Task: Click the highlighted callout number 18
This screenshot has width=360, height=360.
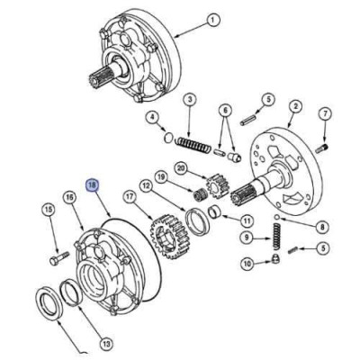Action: pos(92,185)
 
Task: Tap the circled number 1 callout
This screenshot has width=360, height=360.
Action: pos(213,21)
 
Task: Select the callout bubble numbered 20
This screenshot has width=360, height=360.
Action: pos(181,167)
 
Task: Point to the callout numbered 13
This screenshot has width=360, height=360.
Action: pos(106,343)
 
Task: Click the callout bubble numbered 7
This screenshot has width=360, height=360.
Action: pos(325,114)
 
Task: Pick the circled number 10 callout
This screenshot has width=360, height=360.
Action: pos(247,264)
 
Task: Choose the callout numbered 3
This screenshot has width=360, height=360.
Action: pos(189,100)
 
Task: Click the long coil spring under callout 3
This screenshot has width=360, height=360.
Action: pos(193,146)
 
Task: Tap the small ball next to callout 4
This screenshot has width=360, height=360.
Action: pos(169,137)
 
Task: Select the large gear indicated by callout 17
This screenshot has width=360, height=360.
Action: pos(169,237)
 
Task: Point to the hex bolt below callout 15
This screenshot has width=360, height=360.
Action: pos(59,258)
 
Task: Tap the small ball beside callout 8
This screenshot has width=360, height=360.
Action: pos(277,217)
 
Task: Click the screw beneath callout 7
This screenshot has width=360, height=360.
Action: pos(321,148)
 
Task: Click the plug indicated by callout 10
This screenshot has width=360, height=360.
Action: pos(275,258)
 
